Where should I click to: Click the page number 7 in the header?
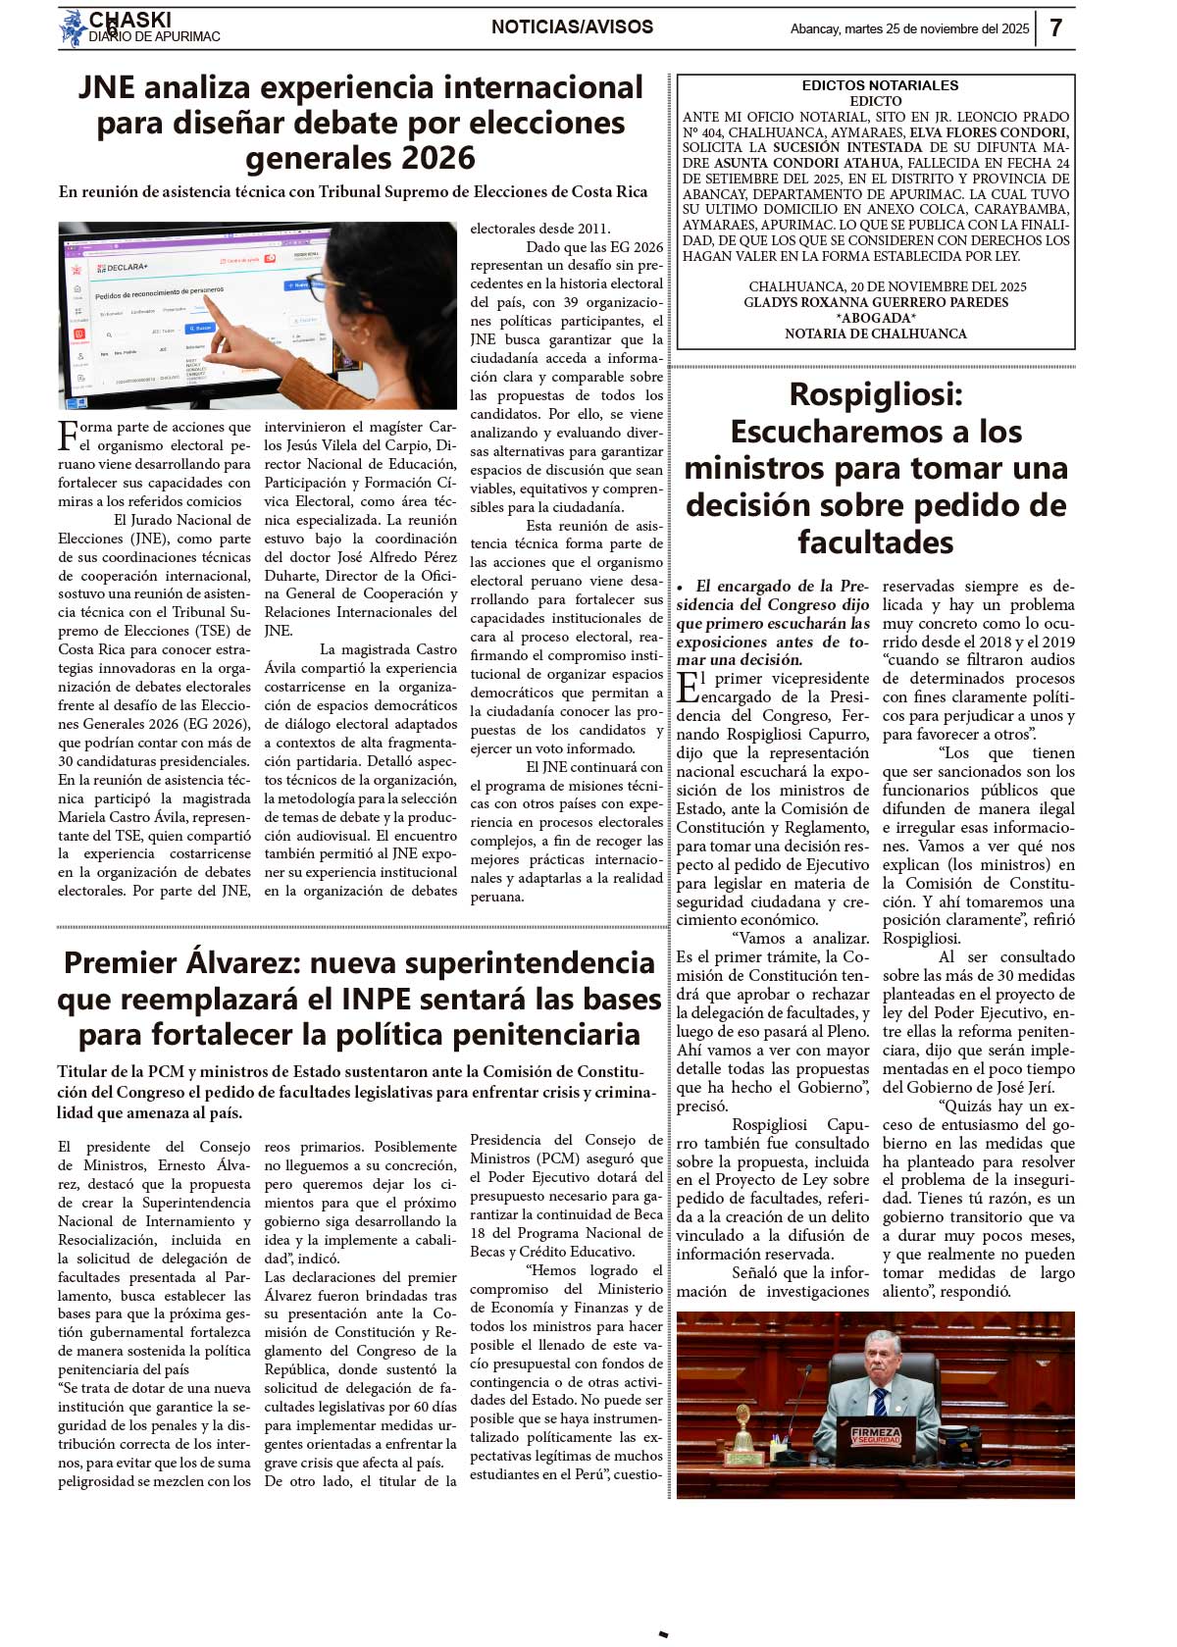(1055, 27)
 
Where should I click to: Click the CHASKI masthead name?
(130, 20)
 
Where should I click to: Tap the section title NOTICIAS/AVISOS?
(572, 26)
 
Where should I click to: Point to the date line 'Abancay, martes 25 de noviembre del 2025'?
(909, 28)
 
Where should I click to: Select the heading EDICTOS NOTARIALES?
(880, 85)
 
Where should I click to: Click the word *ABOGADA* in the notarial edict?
(876, 318)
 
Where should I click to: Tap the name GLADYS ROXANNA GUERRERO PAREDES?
(876, 302)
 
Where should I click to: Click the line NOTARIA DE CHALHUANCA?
(876, 334)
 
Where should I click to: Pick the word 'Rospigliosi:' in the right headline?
(876, 394)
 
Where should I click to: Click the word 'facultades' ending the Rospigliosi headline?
(876, 541)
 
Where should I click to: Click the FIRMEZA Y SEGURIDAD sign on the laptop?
(876, 1436)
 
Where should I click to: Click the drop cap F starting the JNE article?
(68, 435)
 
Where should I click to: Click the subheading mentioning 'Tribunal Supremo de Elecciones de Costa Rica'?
(353, 191)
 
